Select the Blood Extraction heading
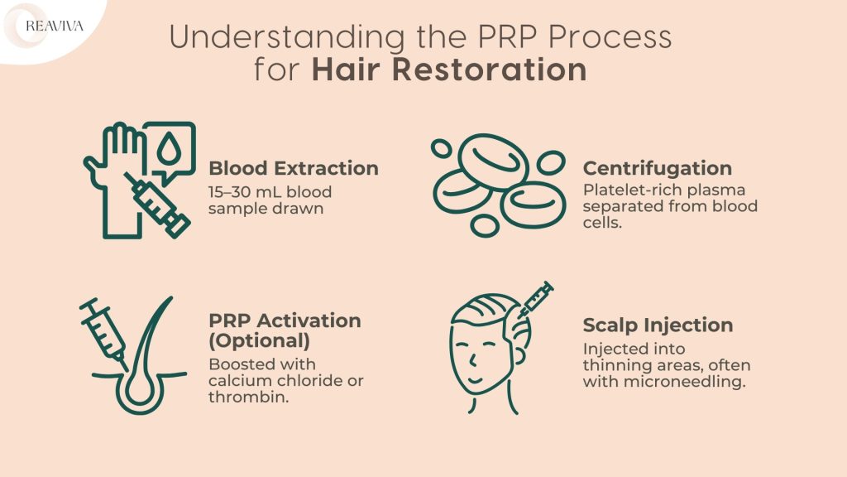click(x=294, y=168)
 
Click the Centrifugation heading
click(x=658, y=168)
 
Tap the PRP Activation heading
click(x=285, y=320)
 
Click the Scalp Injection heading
click(x=658, y=325)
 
